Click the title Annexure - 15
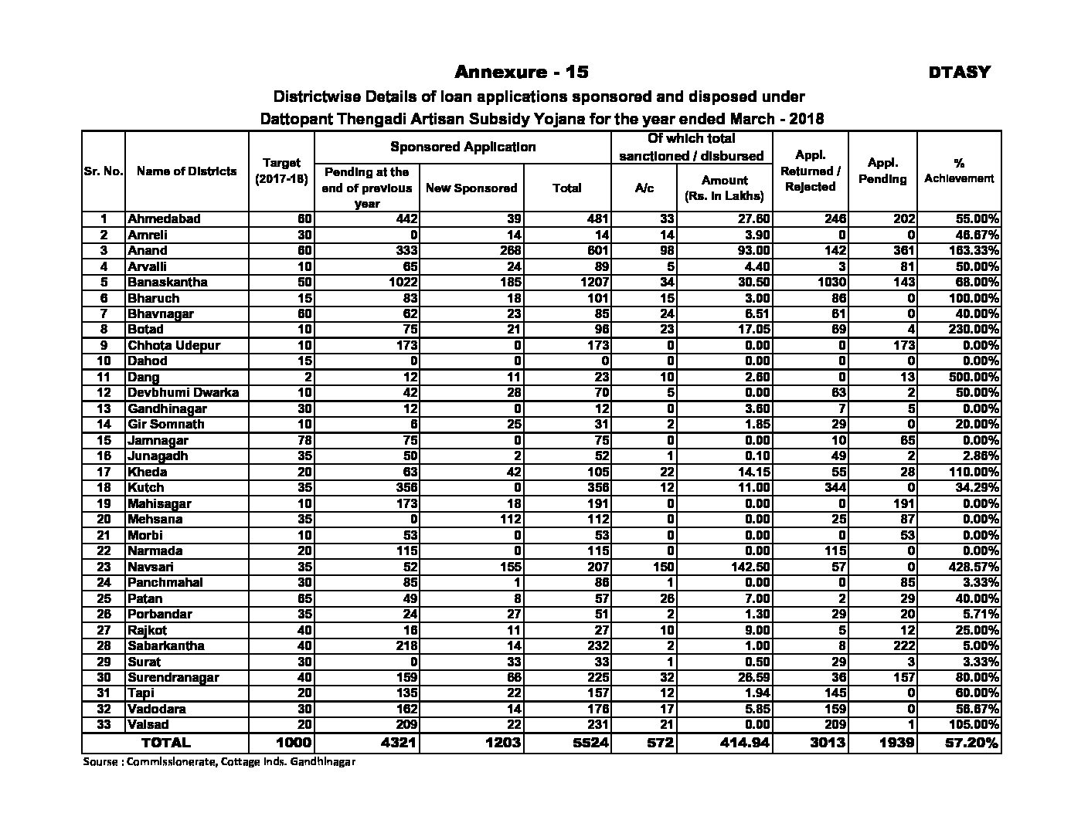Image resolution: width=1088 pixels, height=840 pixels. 522,72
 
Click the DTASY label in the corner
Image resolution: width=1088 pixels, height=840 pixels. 959,73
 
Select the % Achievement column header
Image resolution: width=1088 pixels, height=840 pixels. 958,171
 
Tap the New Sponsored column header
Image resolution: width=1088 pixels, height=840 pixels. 471,188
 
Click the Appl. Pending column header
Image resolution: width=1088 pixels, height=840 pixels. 882,171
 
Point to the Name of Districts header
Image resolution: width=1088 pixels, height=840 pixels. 186,171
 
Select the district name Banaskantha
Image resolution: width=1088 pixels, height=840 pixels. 168,282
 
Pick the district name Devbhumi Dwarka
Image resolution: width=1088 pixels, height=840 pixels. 183,392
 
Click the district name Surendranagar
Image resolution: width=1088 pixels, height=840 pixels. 173,677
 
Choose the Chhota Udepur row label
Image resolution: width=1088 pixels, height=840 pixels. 174,345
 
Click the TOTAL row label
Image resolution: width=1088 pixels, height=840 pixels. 165,743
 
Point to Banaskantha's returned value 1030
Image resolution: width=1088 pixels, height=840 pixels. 831,282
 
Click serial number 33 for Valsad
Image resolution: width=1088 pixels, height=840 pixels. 104,724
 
